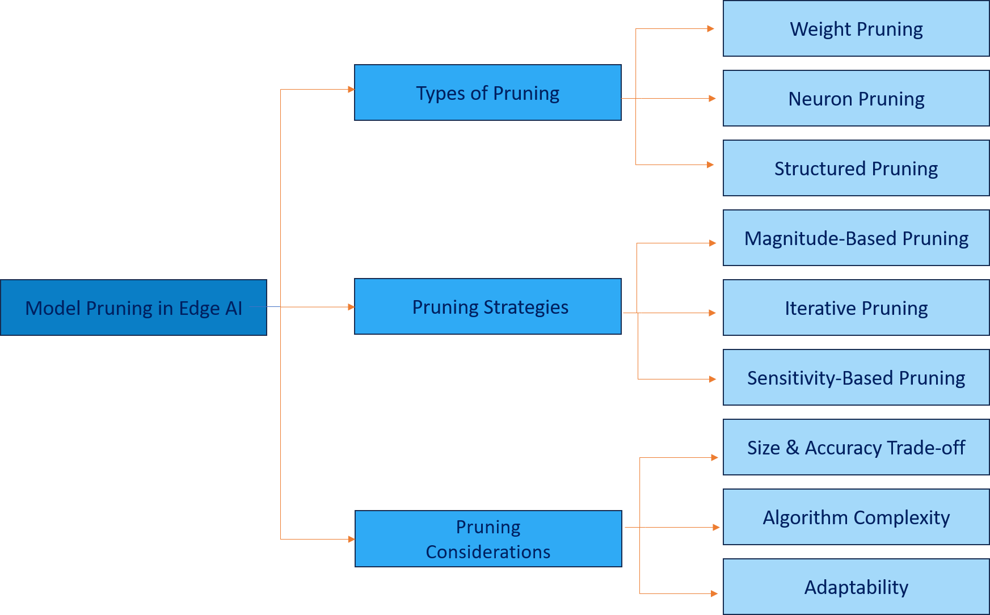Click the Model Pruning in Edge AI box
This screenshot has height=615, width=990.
(x=133, y=307)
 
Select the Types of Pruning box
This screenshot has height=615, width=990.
(x=487, y=92)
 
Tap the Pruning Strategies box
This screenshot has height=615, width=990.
(x=487, y=306)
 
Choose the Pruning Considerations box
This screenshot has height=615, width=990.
(x=488, y=539)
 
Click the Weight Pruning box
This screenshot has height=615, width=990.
(x=856, y=28)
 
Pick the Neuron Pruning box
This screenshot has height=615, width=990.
(x=856, y=98)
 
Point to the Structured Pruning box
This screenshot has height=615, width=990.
(x=856, y=168)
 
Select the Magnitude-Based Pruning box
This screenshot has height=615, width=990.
(x=856, y=238)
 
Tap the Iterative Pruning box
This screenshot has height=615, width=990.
(x=856, y=307)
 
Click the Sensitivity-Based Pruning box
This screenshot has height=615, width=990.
(x=856, y=377)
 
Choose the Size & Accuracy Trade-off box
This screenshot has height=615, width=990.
(x=856, y=447)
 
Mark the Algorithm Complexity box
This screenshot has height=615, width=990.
(x=856, y=517)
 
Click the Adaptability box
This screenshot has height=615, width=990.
(x=856, y=587)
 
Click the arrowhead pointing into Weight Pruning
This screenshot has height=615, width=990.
(x=711, y=28)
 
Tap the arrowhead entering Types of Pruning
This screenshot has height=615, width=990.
(x=351, y=89)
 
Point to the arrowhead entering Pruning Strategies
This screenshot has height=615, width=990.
(x=351, y=307)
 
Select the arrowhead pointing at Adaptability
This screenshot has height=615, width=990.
(x=714, y=593)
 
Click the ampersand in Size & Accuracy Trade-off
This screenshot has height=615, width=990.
(x=792, y=448)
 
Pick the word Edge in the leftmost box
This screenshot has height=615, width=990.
(x=199, y=308)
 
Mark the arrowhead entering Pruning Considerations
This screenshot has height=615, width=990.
(x=351, y=539)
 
